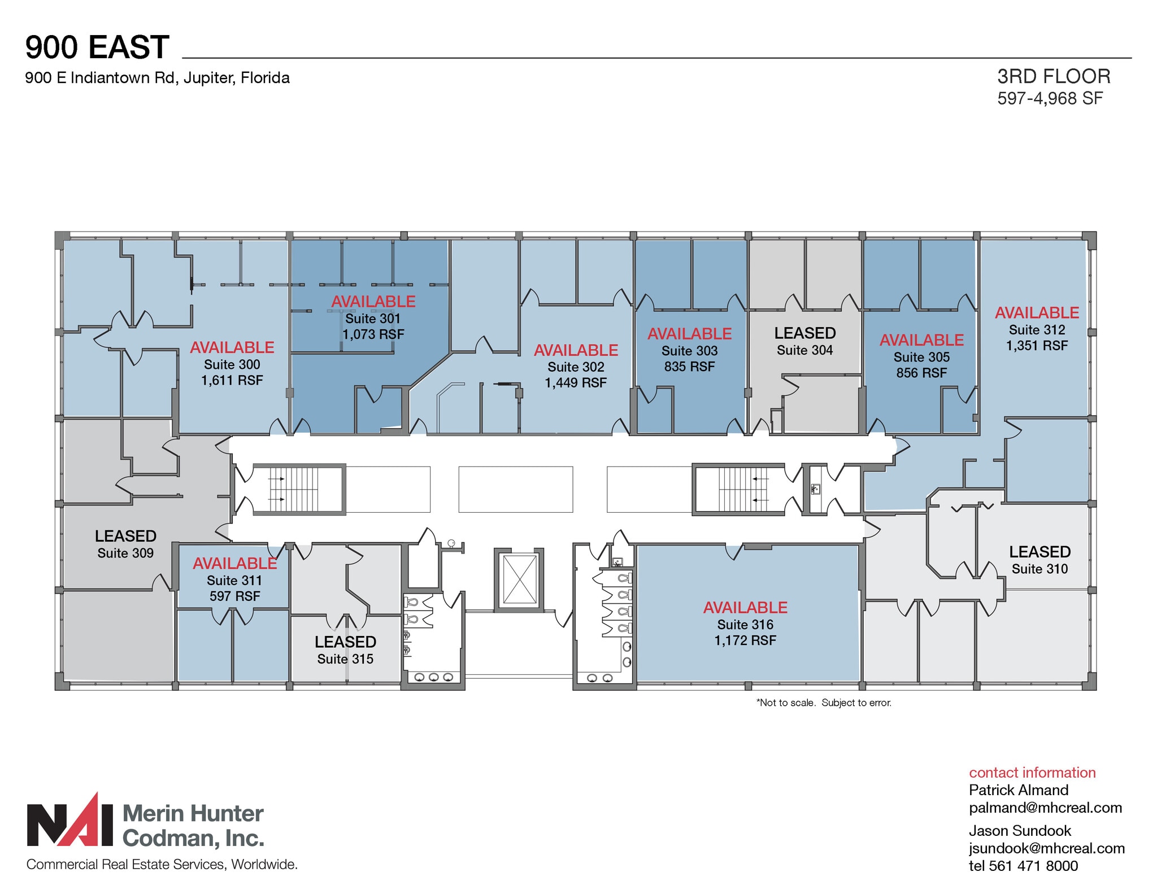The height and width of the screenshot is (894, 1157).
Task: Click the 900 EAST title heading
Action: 97,47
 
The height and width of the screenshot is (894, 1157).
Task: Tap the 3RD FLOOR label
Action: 1054,76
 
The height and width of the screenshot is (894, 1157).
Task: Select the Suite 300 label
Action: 232,364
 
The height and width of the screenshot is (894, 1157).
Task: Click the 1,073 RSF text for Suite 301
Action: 373,334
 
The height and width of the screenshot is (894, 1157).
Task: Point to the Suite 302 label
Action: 576,367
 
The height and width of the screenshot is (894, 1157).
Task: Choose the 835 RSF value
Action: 689,367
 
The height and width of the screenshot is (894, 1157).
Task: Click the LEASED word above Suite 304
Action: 804,333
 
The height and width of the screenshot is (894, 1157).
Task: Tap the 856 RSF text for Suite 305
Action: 921,373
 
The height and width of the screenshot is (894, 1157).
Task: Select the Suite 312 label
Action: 1037,330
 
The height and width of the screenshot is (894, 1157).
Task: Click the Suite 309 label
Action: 125,553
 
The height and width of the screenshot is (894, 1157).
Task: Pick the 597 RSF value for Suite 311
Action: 234,596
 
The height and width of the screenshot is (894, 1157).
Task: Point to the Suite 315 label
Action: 345,659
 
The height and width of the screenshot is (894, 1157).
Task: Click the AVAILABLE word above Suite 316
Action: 745,608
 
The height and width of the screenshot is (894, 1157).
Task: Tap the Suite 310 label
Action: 1039,569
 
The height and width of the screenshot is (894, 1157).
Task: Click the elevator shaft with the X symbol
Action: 519,579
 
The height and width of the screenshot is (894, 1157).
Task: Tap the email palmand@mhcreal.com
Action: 1045,808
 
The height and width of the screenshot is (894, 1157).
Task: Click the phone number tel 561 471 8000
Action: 1023,866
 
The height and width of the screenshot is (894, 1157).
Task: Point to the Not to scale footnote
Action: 823,703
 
